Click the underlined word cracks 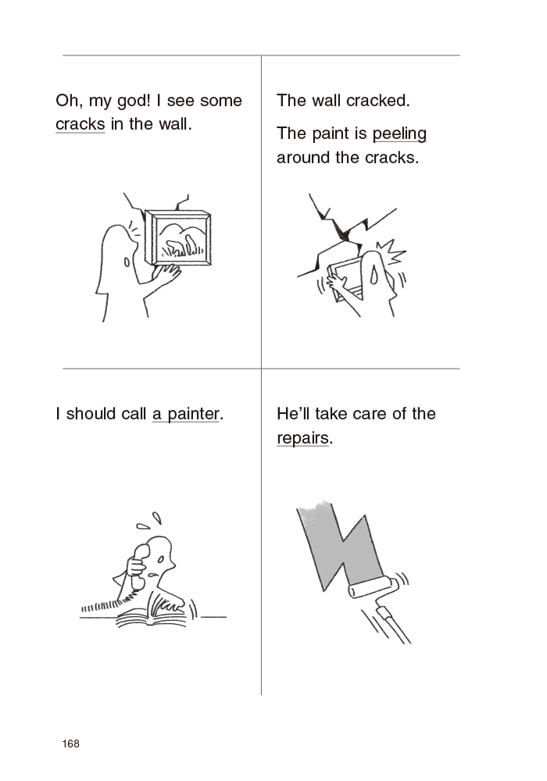[x=80, y=124]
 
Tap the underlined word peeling [x=399, y=134]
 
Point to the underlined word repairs [x=303, y=438]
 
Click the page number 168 [x=71, y=744]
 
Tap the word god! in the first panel [x=134, y=101]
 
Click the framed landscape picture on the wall [x=179, y=237]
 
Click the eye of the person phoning [x=160, y=560]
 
